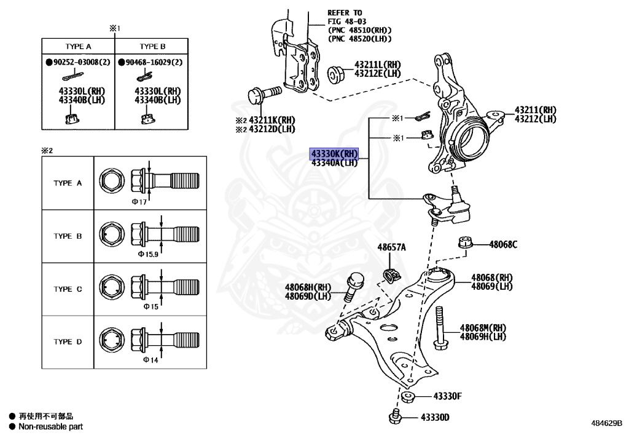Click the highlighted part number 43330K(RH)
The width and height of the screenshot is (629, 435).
(334, 154)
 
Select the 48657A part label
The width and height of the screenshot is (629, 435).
(391, 247)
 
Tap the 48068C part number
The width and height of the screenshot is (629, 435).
(503, 244)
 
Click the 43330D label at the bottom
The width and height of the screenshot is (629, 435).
(435, 418)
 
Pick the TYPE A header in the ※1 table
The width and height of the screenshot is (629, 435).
(78, 47)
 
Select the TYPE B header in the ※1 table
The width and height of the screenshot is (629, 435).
(152, 47)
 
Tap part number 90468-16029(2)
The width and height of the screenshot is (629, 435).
(150, 63)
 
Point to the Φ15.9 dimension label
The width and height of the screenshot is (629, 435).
(148, 253)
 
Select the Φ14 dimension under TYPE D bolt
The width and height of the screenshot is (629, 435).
(150, 359)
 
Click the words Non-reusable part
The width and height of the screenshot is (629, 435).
(50, 426)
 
